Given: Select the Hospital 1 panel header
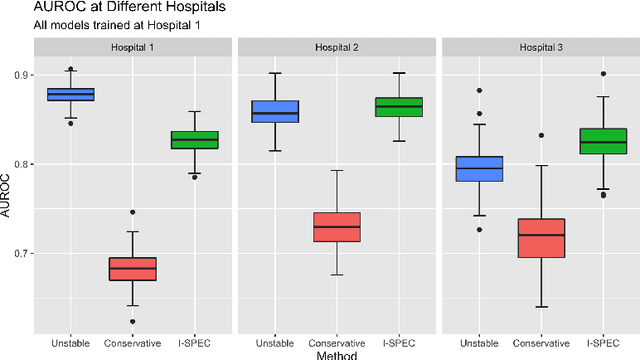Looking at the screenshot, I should (x=133, y=47).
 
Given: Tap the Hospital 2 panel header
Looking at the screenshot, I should (x=336, y=47).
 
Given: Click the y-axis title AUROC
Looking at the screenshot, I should (x=7, y=190).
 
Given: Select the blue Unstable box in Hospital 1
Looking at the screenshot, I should (x=72, y=94).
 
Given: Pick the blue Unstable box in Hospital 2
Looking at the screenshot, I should (x=274, y=111).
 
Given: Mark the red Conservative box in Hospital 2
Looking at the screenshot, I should (x=336, y=227).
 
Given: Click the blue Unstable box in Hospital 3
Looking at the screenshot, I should (x=478, y=168).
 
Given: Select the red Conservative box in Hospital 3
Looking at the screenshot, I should (x=539, y=238).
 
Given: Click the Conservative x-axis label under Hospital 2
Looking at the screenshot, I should (x=336, y=342).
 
